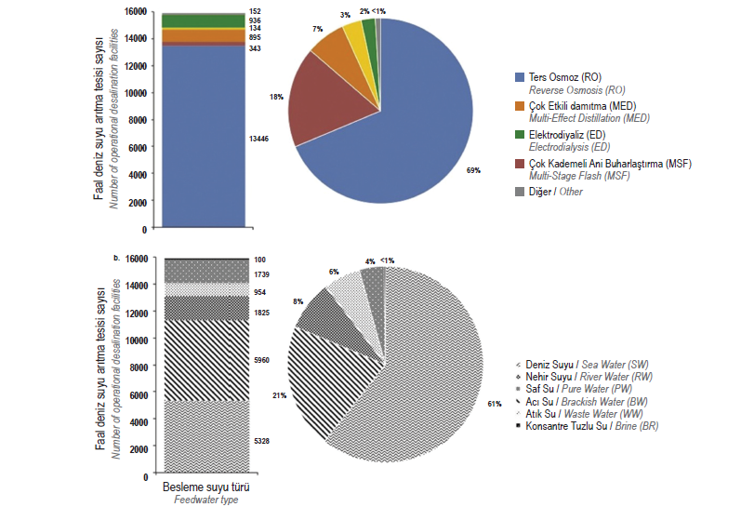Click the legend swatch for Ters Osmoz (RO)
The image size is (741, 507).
tap(520, 76)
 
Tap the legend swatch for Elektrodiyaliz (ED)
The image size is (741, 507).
tap(520, 135)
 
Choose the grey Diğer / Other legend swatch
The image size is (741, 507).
tap(520, 193)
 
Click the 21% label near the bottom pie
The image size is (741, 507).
tap(278, 394)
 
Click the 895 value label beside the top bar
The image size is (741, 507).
tap(255, 37)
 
